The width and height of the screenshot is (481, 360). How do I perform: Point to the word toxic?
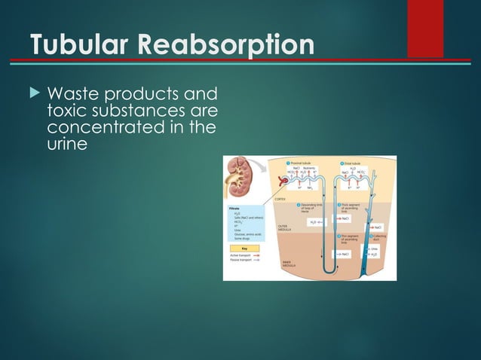(x=66, y=111)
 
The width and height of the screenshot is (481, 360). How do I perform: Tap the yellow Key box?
(x=245, y=248)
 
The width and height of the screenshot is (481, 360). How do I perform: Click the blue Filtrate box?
(x=245, y=223)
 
